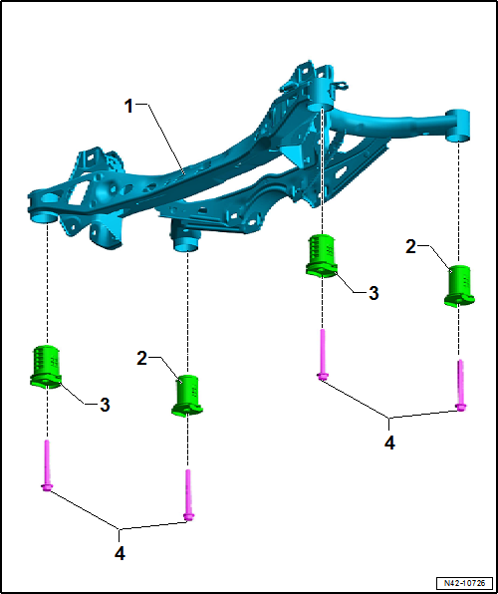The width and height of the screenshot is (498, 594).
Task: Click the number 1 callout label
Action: click(x=129, y=107)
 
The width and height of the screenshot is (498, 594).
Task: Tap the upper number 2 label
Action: click(x=411, y=247)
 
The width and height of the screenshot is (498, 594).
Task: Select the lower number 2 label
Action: click(x=142, y=359)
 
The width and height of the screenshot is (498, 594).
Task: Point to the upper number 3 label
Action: click(x=373, y=293)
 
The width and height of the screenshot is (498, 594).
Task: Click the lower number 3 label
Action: click(x=105, y=405)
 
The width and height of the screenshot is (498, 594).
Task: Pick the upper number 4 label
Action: click(x=389, y=443)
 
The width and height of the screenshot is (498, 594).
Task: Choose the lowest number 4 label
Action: click(x=120, y=554)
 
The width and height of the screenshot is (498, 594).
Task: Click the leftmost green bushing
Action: click(x=46, y=367)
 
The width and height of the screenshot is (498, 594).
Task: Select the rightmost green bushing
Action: click(x=459, y=285)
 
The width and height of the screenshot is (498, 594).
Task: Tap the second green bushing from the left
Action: click(x=187, y=395)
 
